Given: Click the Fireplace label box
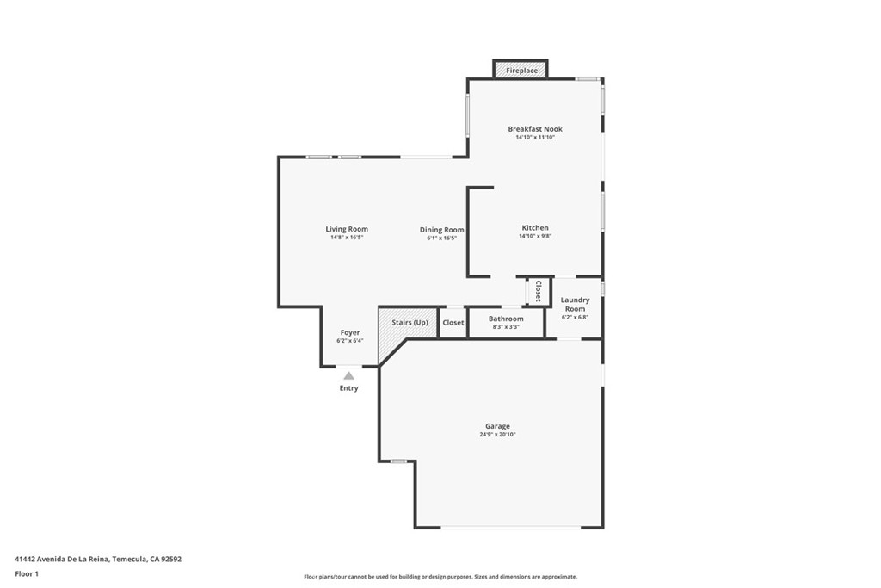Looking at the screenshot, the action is pyautogui.click(x=521, y=71).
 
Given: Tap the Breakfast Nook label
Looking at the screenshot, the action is pyautogui.click(x=535, y=129).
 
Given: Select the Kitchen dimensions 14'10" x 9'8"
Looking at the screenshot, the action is pyautogui.click(x=535, y=236).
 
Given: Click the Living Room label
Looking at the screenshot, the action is pyautogui.click(x=347, y=229).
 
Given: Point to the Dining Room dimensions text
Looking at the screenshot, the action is pyautogui.click(x=441, y=238).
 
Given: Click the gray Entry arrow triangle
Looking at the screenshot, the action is pyautogui.click(x=349, y=375).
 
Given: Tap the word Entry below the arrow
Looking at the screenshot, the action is pyautogui.click(x=348, y=388).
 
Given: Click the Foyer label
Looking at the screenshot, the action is pyautogui.click(x=349, y=332).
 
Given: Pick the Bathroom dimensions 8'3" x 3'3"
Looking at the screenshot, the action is pyautogui.click(x=506, y=326).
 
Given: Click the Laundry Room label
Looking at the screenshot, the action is pyautogui.click(x=575, y=304).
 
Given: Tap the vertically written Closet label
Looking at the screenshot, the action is pyautogui.click(x=539, y=291).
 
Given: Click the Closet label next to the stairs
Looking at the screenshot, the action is pyautogui.click(x=453, y=323).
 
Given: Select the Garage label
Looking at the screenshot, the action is pyautogui.click(x=497, y=426).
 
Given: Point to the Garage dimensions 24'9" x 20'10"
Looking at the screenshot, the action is pyautogui.click(x=497, y=435).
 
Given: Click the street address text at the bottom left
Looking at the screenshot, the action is pyautogui.click(x=98, y=560).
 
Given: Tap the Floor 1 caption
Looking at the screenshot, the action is pyautogui.click(x=27, y=574).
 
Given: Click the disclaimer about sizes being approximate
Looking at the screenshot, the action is pyautogui.click(x=440, y=577).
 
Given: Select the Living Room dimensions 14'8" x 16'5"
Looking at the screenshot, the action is pyautogui.click(x=347, y=238).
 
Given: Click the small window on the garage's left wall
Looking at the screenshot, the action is pyautogui.click(x=399, y=461).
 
